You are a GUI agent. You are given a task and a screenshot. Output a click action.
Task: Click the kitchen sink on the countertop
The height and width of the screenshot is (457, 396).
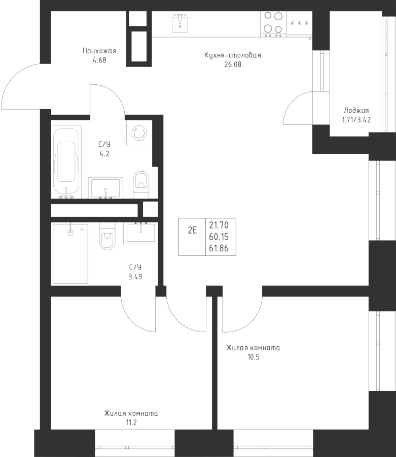tap(179, 23)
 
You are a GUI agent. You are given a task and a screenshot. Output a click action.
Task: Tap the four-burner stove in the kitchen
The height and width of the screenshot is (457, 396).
tap(273, 24)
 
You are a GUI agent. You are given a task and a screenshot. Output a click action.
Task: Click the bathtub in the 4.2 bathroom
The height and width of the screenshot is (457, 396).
tap(66, 162)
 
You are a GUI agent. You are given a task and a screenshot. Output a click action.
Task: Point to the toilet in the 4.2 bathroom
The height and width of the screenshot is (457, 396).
tap(141, 185)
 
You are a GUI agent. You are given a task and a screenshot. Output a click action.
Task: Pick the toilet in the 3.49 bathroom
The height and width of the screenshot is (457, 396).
tap(107, 236)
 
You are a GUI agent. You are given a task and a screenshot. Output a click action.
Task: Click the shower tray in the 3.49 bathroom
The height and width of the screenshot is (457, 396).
tap(70, 253)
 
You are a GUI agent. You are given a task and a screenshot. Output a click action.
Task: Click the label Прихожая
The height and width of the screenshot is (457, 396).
tap(99, 51)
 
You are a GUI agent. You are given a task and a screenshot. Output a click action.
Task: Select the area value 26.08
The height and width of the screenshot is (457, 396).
tap(233, 64)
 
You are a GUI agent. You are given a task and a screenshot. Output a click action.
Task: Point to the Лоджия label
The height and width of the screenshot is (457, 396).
tap(356, 111)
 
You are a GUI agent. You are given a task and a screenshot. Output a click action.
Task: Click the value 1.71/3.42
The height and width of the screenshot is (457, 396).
tap(356, 120)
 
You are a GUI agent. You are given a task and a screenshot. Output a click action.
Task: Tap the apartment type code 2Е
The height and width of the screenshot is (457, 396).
tap(192, 231)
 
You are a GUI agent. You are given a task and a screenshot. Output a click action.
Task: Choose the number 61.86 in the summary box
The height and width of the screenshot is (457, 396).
tap(219, 248)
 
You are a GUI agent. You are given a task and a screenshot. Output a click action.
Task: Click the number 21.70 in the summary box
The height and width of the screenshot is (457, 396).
tap(219, 225)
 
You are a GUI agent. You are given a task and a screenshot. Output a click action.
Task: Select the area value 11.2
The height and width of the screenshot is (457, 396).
tap(131, 422)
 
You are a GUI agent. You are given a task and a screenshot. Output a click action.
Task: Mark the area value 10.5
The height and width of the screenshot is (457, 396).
tap(254, 357)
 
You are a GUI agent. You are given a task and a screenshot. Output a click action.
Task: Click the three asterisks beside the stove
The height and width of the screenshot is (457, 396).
tap(299, 23)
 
